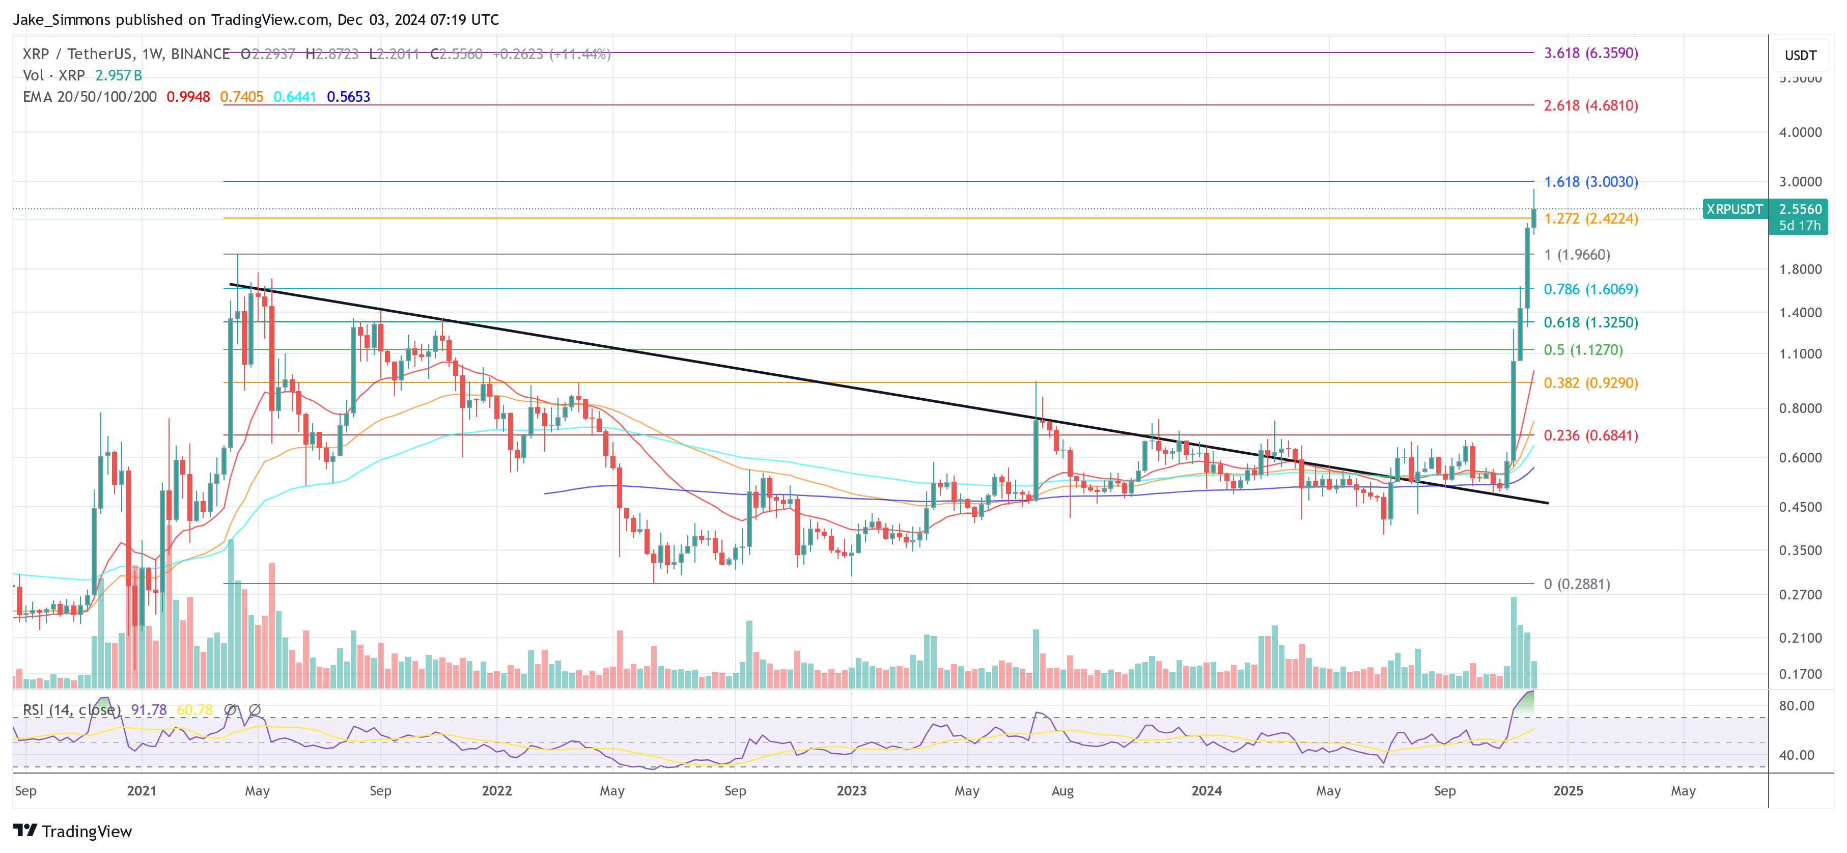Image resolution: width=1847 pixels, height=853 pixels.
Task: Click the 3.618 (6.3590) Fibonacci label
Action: [1590, 53]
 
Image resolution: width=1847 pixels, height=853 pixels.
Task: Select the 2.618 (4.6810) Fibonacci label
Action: [1590, 105]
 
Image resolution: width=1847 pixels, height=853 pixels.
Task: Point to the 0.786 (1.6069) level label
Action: [1590, 289]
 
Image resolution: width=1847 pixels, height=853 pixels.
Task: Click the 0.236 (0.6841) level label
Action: [1590, 435]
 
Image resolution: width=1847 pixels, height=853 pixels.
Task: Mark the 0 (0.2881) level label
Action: [1577, 584]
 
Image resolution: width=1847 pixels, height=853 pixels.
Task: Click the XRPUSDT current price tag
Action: [1733, 209]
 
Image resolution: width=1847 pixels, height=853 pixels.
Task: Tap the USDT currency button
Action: [1800, 55]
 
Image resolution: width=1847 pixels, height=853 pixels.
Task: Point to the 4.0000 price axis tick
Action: [1800, 132]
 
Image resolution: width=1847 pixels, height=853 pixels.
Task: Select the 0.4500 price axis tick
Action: [1800, 507]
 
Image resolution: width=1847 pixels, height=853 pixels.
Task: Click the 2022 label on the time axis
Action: [497, 790]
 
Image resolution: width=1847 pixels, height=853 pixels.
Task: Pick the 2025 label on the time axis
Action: [1568, 790]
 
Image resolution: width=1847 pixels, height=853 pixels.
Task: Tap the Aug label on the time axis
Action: [1062, 790]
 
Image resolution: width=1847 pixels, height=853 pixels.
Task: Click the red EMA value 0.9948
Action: [188, 97]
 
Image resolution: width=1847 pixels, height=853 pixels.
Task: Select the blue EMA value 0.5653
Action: [348, 97]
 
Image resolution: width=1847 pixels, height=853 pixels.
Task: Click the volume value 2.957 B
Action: [118, 75]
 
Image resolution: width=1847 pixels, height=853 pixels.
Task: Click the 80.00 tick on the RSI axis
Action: [1796, 706]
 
